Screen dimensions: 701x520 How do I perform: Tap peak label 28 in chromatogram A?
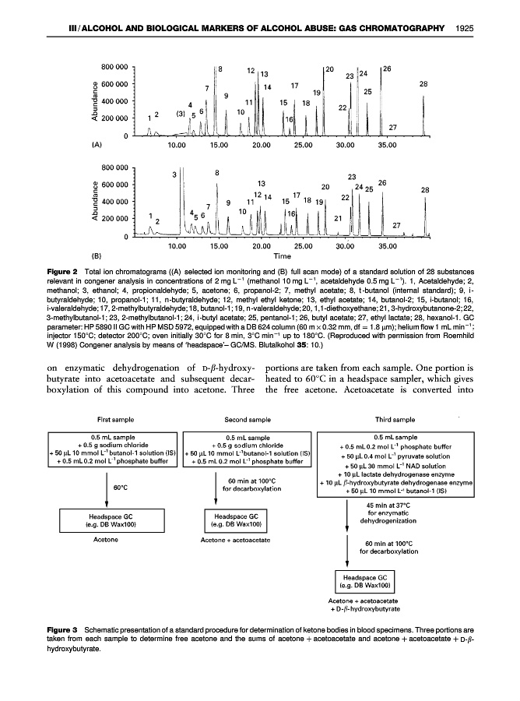[423, 83]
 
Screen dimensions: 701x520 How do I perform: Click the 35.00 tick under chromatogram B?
[387, 245]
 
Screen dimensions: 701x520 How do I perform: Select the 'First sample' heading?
[114, 418]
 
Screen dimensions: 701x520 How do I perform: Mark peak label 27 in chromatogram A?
[393, 127]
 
